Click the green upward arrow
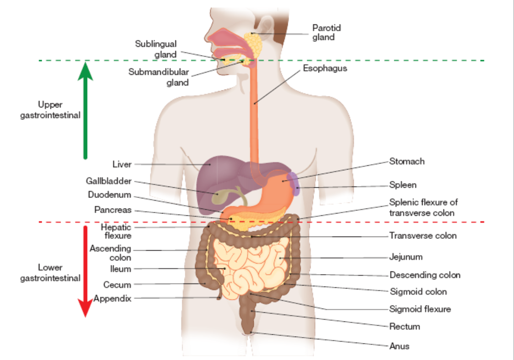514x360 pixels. tap(85, 110)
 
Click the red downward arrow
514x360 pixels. tap(85, 271)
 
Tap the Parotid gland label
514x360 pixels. tap(326, 33)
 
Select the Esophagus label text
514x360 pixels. tap(325, 68)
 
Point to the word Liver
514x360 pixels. tap(122, 164)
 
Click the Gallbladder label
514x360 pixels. tap(108, 181)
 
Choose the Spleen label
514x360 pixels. tap(403, 185)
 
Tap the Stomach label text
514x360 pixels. tap(407, 161)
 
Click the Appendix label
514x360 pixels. tap(112, 298)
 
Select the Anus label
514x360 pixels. tap(399, 346)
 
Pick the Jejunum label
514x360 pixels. tap(406, 257)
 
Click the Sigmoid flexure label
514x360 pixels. tap(420, 309)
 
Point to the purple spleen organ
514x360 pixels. tap(295, 183)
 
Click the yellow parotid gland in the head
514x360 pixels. tap(254, 44)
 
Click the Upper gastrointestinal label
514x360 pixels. tap(50, 110)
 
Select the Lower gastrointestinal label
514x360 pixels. tap(50, 273)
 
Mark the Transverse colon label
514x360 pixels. tap(423, 236)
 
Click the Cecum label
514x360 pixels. tap(117, 285)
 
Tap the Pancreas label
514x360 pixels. tap(113, 210)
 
